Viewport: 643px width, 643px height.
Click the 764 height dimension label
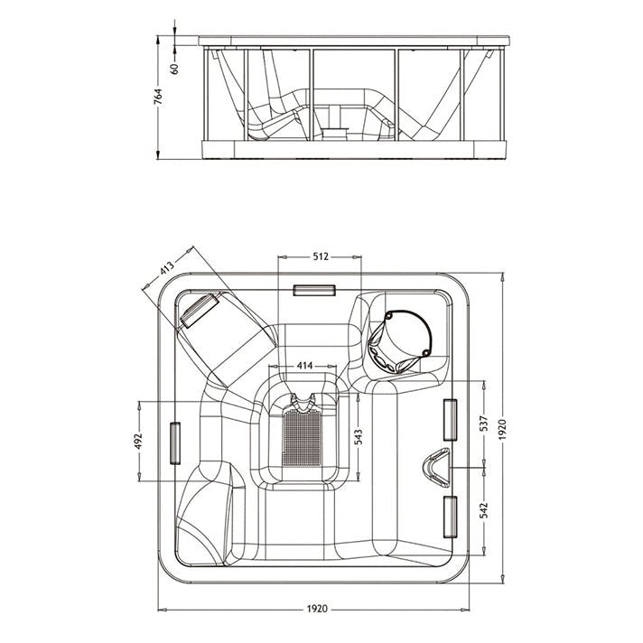click(x=159, y=97)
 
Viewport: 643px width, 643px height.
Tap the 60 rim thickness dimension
click(x=175, y=68)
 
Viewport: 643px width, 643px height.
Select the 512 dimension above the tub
click(x=321, y=256)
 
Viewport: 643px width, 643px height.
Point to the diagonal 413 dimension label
click(x=167, y=268)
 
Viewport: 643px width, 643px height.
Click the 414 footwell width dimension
click(x=304, y=366)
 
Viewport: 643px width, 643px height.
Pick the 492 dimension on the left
click(x=138, y=441)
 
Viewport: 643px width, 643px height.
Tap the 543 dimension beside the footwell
click(x=358, y=437)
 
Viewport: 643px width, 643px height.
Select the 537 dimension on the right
click(x=484, y=424)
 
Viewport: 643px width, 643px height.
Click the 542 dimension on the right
click(x=484, y=510)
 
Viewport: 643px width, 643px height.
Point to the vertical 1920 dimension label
click(x=503, y=429)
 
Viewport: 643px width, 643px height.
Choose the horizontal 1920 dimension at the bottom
click(x=317, y=609)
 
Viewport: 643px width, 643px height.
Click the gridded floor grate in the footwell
click(x=303, y=438)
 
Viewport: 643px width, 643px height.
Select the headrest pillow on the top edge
click(x=314, y=290)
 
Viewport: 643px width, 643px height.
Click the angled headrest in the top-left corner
click(x=200, y=311)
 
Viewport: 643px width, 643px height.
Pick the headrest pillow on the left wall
click(x=175, y=443)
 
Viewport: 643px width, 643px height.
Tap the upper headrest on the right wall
click(x=451, y=420)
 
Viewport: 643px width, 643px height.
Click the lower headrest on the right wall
click(x=451, y=517)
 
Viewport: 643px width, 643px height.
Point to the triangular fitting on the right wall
click(x=436, y=468)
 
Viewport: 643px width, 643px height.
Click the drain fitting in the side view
click(x=334, y=133)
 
